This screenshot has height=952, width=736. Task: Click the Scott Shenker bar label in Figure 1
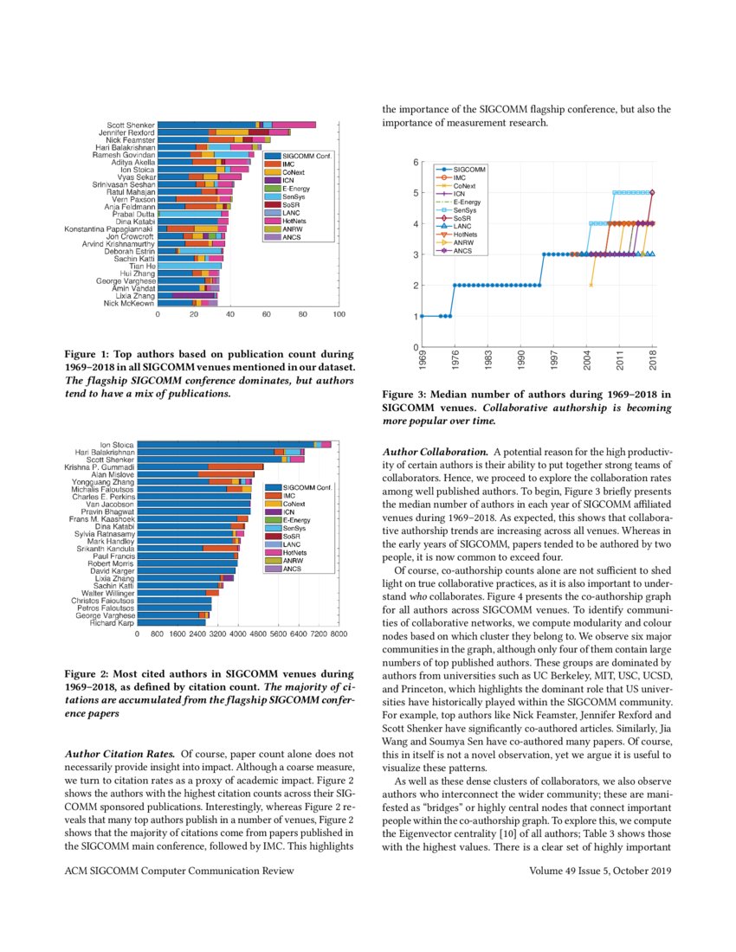tap(132, 125)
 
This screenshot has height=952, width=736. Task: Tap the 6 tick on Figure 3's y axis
tap(416, 163)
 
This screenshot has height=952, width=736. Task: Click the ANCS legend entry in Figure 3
tap(463, 251)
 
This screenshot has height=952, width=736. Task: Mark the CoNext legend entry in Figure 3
tap(465, 186)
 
